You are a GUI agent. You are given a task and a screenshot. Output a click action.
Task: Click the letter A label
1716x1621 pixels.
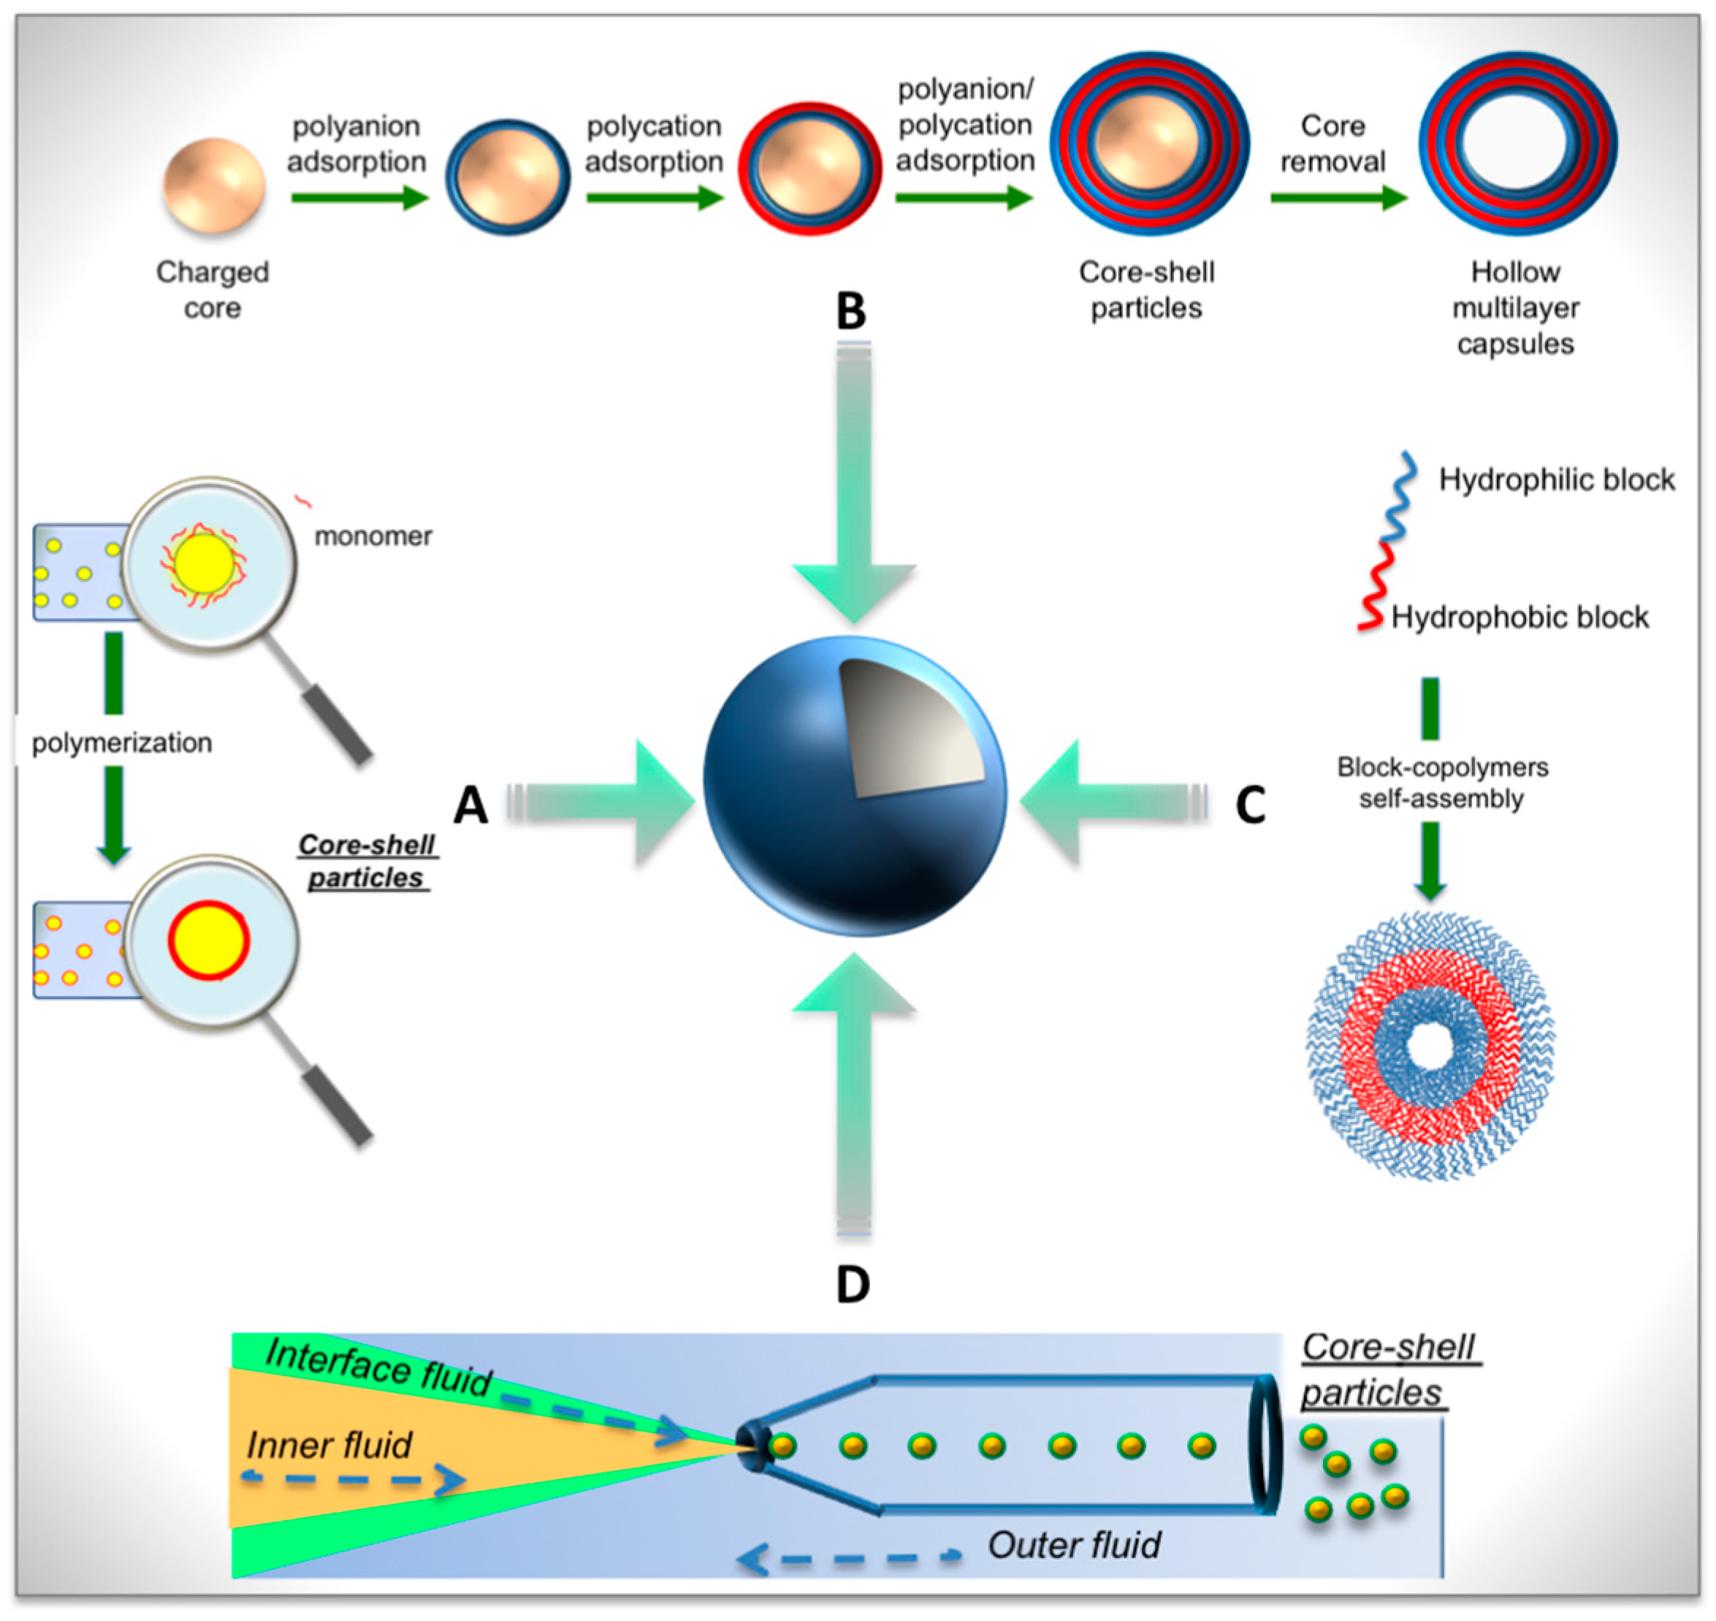470,805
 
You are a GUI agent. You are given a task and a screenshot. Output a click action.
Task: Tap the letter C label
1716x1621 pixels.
1250,805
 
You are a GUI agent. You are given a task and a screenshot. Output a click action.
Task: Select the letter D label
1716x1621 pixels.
853,1285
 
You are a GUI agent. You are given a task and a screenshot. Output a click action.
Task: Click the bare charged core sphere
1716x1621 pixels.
213,186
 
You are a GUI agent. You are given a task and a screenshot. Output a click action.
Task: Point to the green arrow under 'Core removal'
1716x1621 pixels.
1338,198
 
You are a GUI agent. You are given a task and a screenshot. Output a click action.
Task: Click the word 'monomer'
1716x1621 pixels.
373,536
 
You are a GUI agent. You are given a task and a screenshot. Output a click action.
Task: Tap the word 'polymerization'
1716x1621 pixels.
122,743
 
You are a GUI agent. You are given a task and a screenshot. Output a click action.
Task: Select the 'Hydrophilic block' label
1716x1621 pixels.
1555,479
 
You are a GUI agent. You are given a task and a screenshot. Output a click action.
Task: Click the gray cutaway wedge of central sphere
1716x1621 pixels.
907,726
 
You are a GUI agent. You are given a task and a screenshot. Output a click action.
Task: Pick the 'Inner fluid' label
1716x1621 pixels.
329,1445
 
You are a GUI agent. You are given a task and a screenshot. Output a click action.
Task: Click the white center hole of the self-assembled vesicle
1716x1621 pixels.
1431,1048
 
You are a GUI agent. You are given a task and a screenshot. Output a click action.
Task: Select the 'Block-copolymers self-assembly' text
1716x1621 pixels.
1441,783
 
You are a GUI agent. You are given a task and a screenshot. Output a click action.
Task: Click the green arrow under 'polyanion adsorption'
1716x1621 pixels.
359,198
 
